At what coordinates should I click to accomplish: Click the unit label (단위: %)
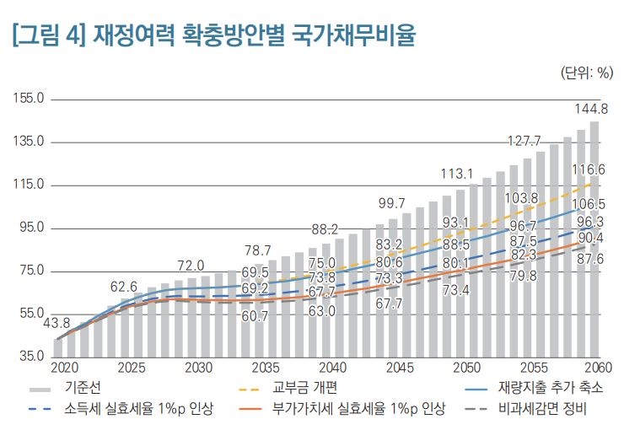pyautogui.click(x=586, y=73)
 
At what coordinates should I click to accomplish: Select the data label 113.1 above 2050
pyautogui.click(x=457, y=174)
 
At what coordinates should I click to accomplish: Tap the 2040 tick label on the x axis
pyautogui.click(x=332, y=368)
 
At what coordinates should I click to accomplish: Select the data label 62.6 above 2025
pyautogui.click(x=123, y=286)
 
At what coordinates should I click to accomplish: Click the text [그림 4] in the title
pyautogui.click(x=49, y=36)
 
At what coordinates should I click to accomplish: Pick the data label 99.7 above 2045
pyautogui.click(x=391, y=203)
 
